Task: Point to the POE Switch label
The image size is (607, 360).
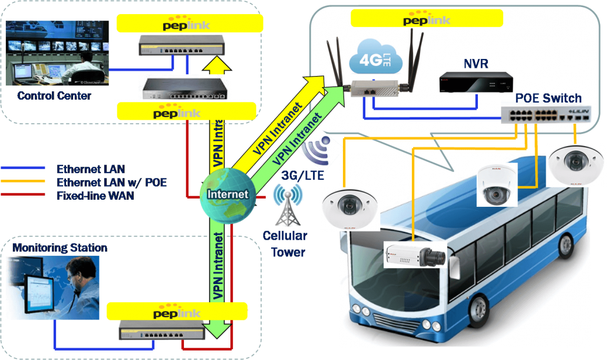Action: (548, 98)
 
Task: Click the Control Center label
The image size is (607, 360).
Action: (54, 95)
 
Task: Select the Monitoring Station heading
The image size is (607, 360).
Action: (60, 247)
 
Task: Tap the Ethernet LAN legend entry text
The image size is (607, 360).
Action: (90, 170)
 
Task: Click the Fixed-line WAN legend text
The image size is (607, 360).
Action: (95, 196)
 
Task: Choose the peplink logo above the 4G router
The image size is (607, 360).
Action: (427, 19)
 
